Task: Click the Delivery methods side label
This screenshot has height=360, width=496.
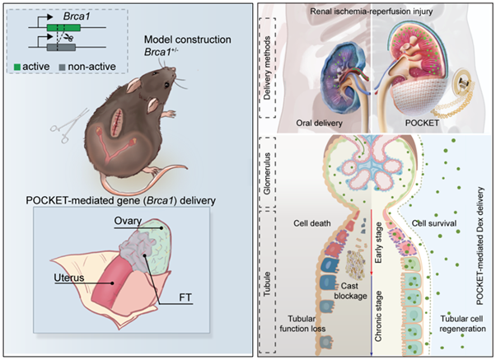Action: [x=266, y=66]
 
